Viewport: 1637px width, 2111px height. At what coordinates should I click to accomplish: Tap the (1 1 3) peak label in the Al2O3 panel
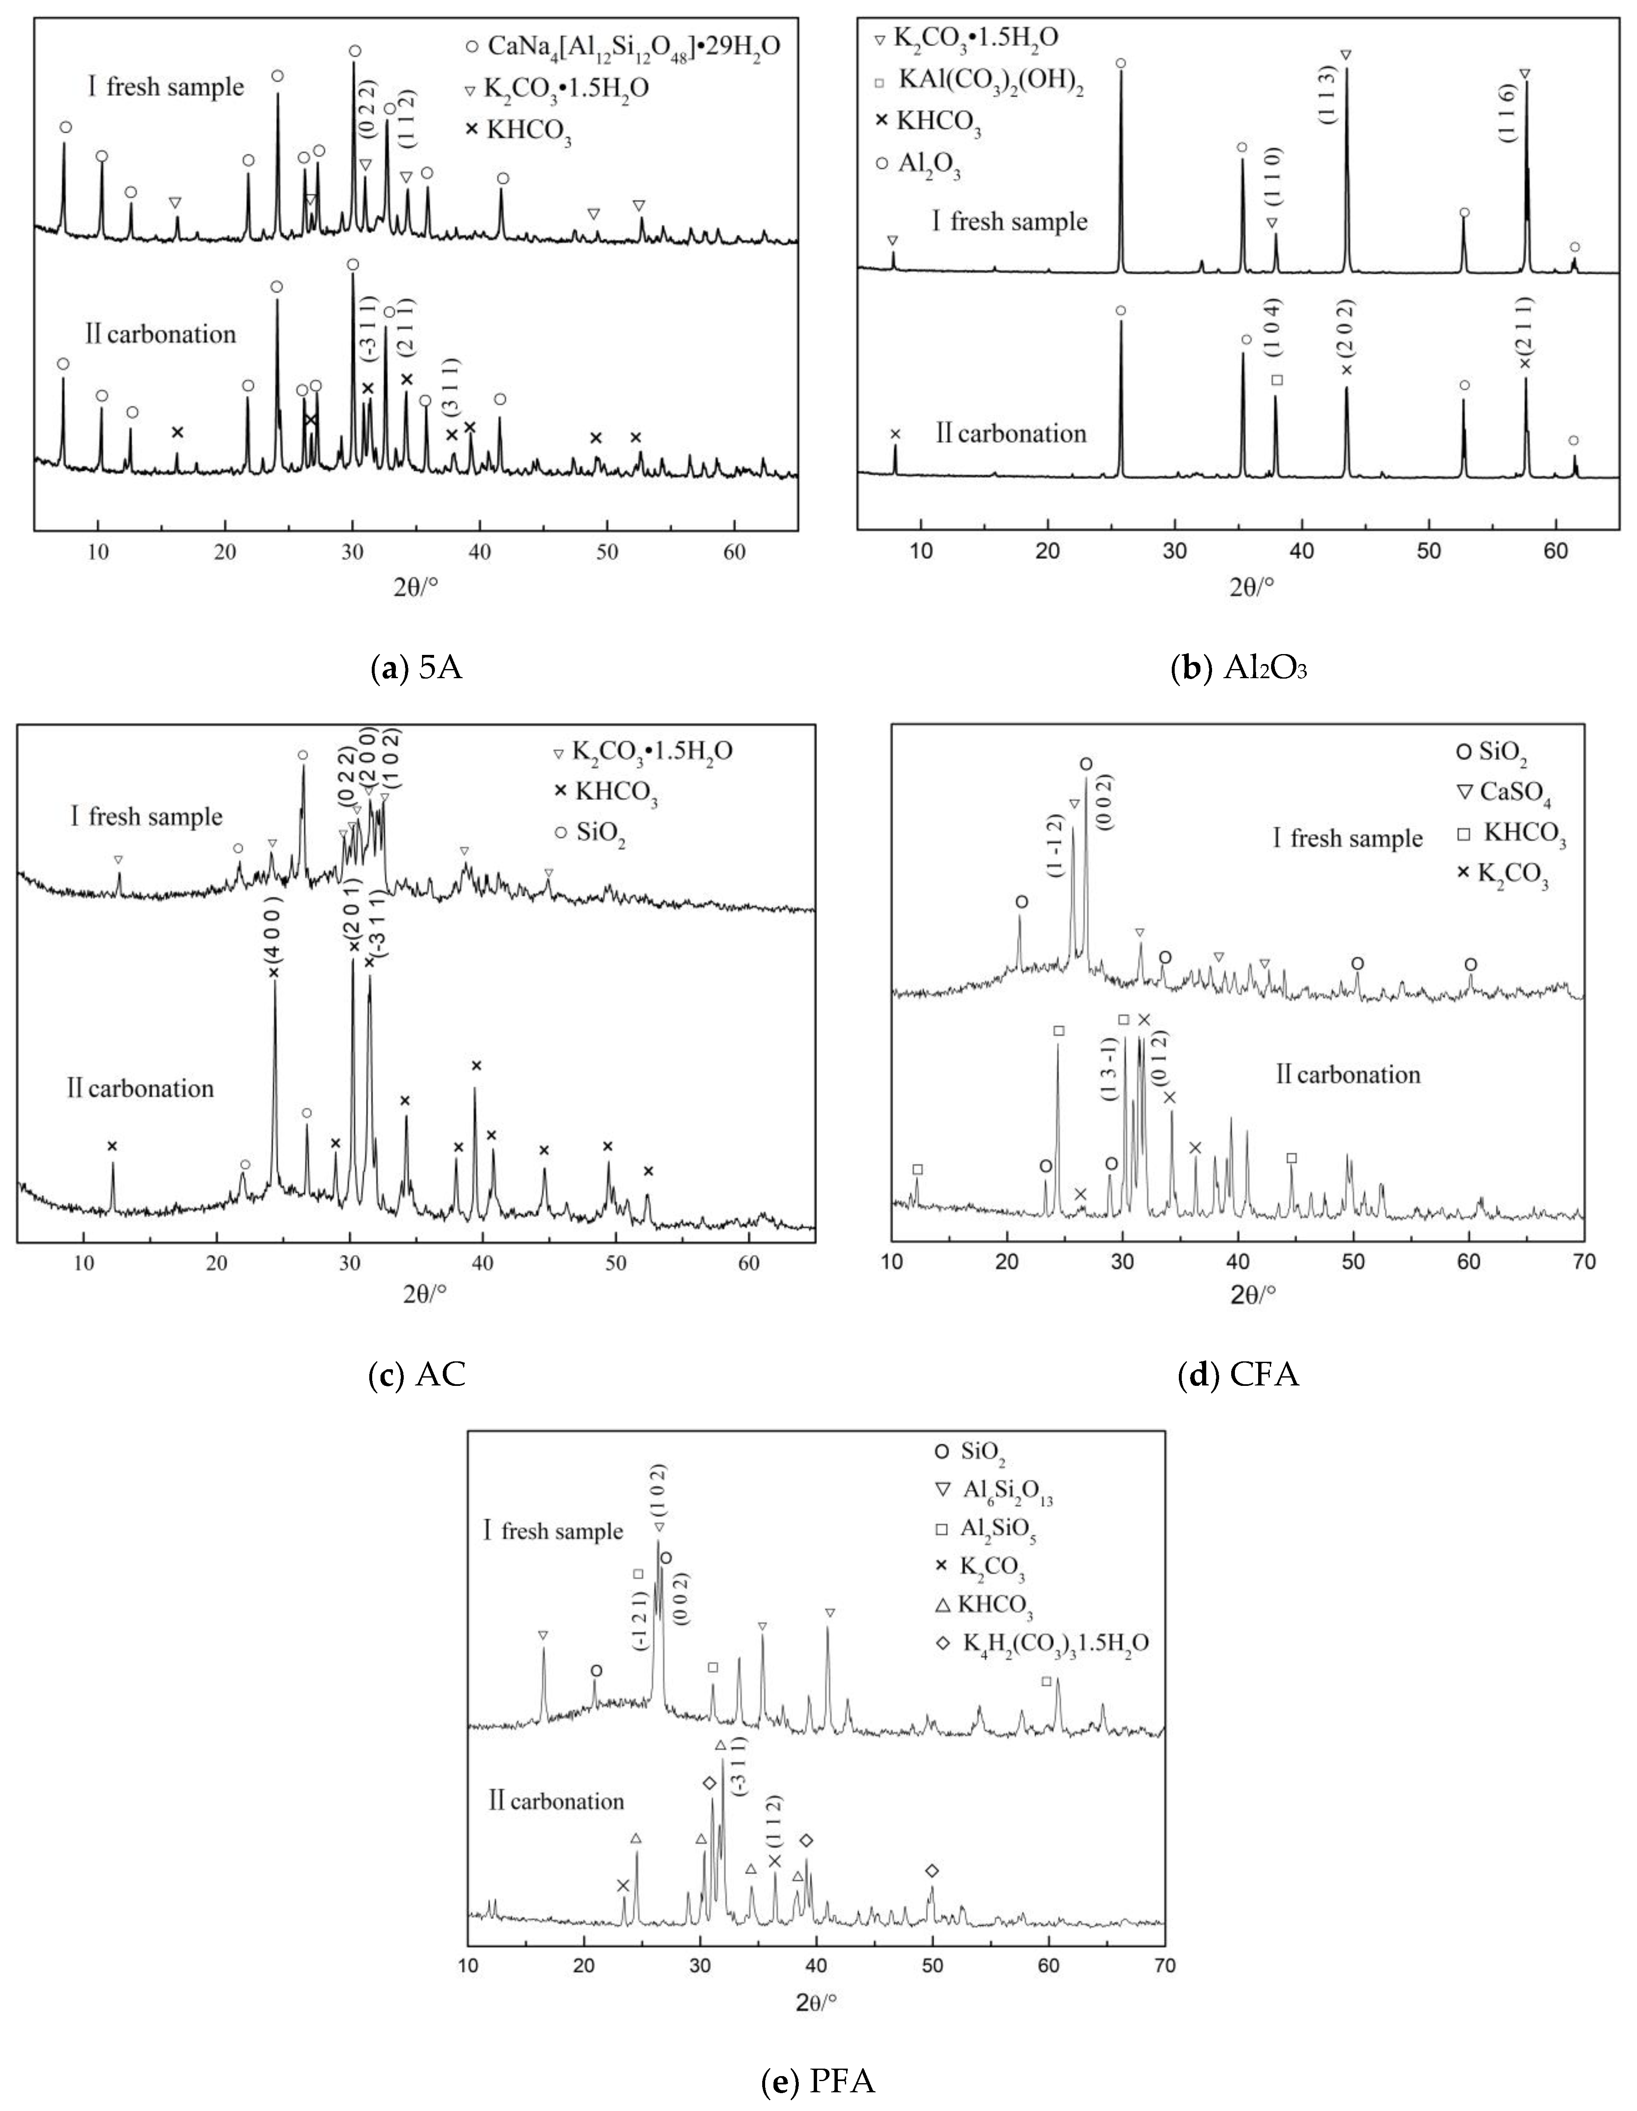pos(1326,95)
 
